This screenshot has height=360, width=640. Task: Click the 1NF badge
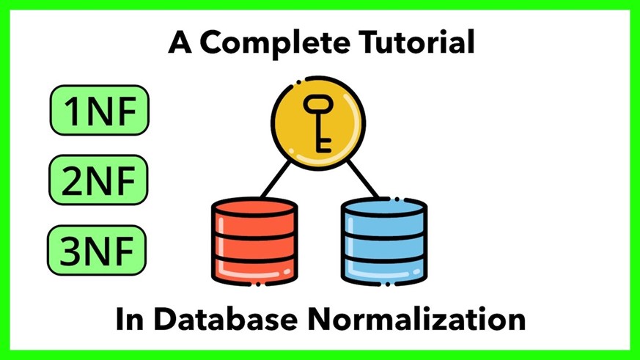click(100, 110)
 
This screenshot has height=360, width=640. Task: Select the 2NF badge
click(98, 180)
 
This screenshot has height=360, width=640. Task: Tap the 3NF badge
click(97, 250)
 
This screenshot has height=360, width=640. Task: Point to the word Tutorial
click(416, 42)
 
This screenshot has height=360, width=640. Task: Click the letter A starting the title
click(180, 42)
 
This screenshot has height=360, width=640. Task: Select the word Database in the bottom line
click(225, 319)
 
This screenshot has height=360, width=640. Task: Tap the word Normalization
click(416, 319)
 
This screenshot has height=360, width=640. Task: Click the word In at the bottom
click(130, 319)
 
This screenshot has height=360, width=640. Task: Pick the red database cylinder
click(254, 241)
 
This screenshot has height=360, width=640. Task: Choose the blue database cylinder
click(384, 241)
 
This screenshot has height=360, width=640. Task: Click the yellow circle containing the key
click(318, 123)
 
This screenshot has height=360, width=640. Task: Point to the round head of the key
click(318, 105)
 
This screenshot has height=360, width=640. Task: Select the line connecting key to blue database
click(363, 179)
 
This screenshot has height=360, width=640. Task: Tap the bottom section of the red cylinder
click(254, 272)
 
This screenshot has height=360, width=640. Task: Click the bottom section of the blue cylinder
click(384, 272)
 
